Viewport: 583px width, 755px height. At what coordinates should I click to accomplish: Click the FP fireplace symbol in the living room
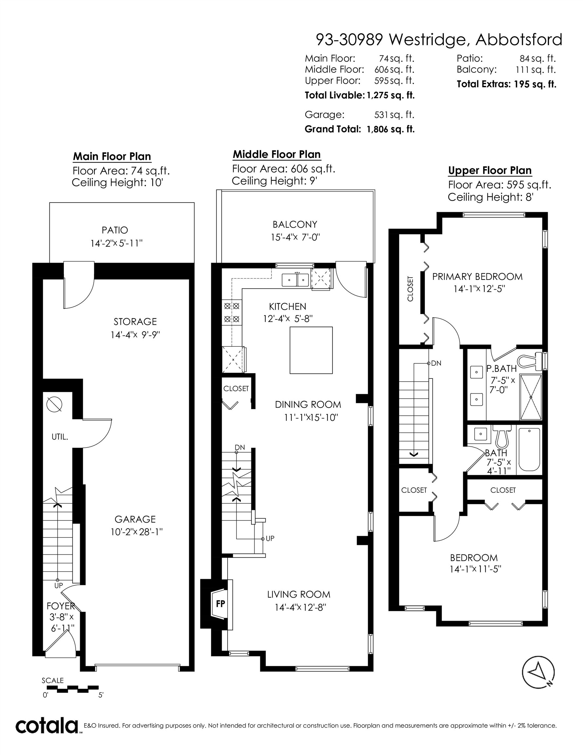coord(220,604)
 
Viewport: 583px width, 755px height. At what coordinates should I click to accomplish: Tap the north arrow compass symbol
coord(538,672)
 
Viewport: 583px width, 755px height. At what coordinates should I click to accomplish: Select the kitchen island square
coord(311,350)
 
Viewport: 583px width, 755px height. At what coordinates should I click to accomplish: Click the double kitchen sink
coord(295,280)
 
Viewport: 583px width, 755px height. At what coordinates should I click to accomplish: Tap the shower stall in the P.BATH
coord(531,397)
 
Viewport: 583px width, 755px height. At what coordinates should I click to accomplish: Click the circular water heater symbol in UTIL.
coord(54,404)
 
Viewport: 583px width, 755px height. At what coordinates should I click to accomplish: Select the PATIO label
coord(115,230)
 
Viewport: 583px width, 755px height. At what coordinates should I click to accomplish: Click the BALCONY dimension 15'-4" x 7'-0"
coord(295,238)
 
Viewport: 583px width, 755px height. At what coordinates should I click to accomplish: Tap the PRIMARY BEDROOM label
coord(477,277)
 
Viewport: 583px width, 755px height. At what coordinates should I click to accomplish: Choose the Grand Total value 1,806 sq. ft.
coord(390,129)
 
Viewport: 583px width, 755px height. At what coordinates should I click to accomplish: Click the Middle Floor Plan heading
coord(276,154)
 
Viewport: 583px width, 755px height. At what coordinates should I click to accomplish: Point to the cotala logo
coord(46,726)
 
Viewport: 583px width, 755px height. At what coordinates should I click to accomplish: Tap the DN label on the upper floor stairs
coord(436,363)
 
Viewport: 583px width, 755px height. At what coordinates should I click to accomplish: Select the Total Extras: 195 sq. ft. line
coord(506,84)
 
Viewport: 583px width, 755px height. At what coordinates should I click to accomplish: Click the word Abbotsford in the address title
coord(519,40)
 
